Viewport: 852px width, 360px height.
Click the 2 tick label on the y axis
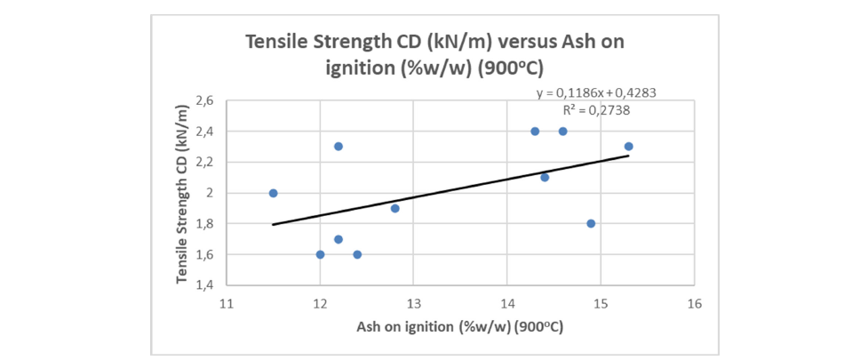pos(210,193)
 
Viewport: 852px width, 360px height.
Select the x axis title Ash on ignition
pos(460,326)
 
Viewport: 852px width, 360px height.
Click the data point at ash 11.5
pos(274,193)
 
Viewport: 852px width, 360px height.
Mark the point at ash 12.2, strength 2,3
pos(338,147)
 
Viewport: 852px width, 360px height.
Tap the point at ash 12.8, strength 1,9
pos(394,208)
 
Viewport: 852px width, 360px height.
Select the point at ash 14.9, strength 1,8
pos(591,223)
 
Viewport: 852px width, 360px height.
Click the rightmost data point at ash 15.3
pos(628,147)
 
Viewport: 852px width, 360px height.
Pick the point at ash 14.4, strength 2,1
pos(545,177)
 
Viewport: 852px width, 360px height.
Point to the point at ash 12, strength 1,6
pos(320,254)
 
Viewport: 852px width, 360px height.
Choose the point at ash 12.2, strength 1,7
pos(338,239)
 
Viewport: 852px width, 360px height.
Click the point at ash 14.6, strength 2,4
pos(563,132)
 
